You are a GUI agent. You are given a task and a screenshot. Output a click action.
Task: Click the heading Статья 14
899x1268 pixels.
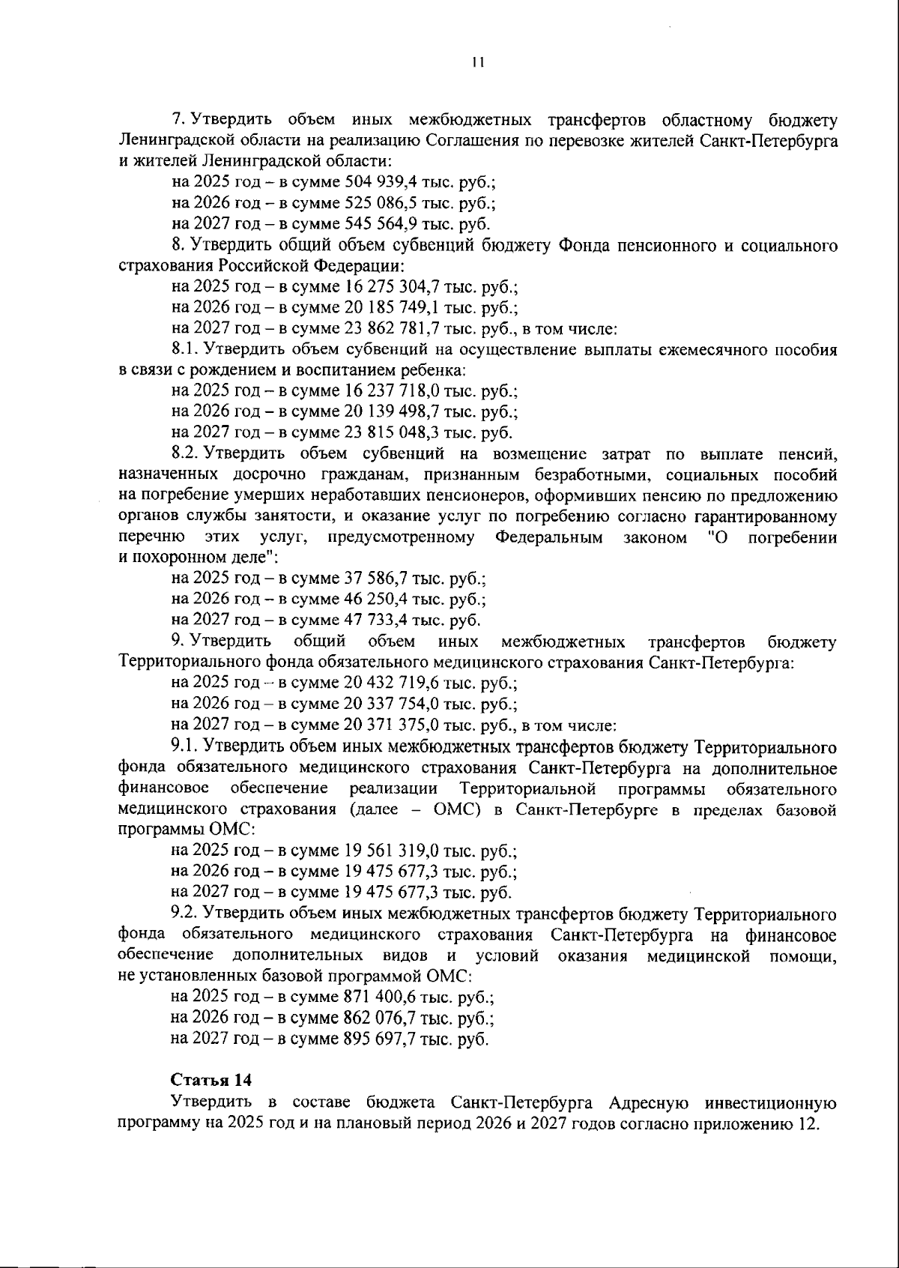coord(211,1080)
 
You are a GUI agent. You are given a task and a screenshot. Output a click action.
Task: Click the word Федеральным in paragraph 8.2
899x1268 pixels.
coord(548,537)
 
